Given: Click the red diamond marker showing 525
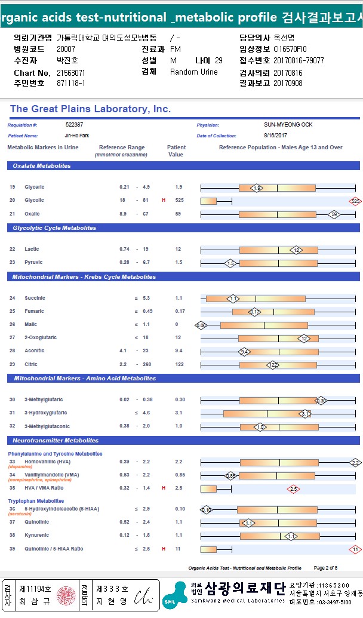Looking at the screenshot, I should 355,201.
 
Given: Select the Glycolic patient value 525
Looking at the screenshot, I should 179,200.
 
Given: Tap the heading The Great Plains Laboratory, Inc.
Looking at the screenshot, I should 90,109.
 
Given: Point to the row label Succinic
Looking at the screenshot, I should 35,298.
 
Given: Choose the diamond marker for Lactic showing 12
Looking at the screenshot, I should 297,250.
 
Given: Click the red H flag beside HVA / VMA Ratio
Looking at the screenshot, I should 164,488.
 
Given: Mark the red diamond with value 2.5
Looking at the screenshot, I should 293,489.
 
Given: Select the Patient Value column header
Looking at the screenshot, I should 176,150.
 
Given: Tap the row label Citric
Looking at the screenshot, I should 31,364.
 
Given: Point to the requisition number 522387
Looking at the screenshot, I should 74,125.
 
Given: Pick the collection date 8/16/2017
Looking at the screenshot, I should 276,136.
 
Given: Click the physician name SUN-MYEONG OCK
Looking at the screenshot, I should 288,125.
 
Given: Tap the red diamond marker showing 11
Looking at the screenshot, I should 355,549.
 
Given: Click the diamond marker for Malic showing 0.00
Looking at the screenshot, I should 201,325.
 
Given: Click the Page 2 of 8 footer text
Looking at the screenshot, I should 325,567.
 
